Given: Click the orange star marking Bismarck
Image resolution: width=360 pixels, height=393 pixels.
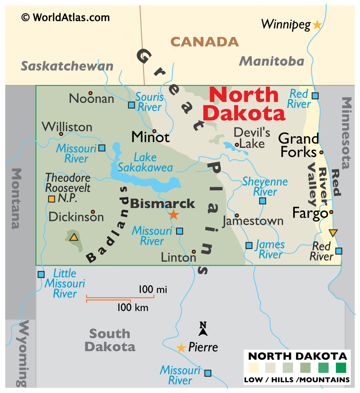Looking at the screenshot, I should pyautogui.click(x=174, y=215).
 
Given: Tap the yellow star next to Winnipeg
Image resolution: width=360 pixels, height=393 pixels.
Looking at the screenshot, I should pyautogui.click(x=317, y=25).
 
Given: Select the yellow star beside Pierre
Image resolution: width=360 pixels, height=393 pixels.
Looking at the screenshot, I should pyautogui.click(x=181, y=348).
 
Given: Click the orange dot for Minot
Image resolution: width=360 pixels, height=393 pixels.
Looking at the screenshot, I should pyautogui.click(x=154, y=131).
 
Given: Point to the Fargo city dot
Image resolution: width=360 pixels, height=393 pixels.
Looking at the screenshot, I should pyautogui.click(x=331, y=212).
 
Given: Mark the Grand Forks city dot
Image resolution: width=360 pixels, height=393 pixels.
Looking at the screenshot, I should pyautogui.click(x=321, y=152).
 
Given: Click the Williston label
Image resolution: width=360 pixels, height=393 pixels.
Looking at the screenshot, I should pyautogui.click(x=67, y=127).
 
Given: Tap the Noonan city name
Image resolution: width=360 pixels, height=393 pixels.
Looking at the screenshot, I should pyautogui.click(x=91, y=99).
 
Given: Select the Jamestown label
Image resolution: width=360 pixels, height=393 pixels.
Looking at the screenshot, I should pyautogui.click(x=253, y=221).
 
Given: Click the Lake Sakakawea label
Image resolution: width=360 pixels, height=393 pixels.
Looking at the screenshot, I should pyautogui.click(x=145, y=162).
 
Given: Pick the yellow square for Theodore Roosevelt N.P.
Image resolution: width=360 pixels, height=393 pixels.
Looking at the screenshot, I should pyautogui.click(x=51, y=198).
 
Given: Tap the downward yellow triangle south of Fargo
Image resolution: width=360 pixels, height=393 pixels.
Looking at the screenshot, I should pyautogui.click(x=333, y=233).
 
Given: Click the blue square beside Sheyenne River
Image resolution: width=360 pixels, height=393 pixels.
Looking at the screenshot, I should pyautogui.click(x=263, y=201).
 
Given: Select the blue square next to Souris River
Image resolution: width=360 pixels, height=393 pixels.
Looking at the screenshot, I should pyautogui.click(x=132, y=105).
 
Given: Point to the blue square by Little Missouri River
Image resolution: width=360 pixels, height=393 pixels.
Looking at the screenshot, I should pyautogui.click(x=41, y=274).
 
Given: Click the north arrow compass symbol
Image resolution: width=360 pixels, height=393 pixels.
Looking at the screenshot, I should pyautogui.click(x=203, y=328).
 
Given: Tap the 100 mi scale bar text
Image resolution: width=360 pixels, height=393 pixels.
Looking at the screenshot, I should pyautogui.click(x=153, y=290).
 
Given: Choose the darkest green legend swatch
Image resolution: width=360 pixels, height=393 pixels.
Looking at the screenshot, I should pyautogui.click(x=341, y=368).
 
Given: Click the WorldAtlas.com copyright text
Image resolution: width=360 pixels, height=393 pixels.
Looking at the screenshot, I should pyautogui.click(x=65, y=17).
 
